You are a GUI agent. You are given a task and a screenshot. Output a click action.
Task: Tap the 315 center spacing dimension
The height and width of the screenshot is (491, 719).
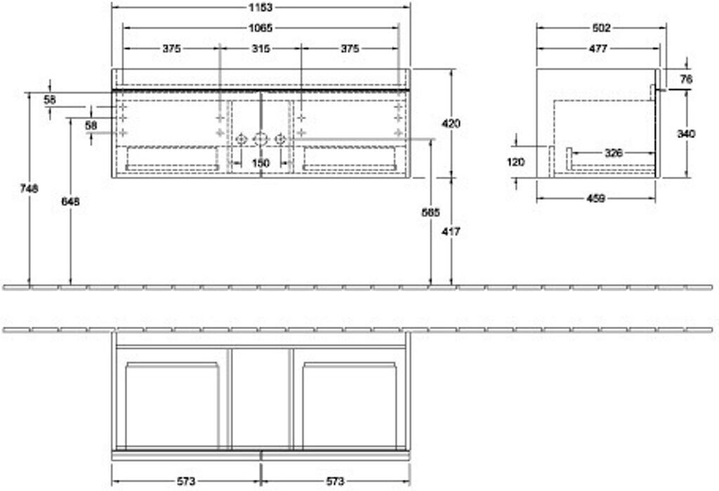pos(260,48)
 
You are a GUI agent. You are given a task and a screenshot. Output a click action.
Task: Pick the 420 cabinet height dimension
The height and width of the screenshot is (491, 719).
pos(451,123)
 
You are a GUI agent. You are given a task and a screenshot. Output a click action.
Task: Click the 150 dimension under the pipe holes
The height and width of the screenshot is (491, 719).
pos(260,163)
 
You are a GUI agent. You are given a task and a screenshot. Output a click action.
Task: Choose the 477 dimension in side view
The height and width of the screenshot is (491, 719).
pos(598,48)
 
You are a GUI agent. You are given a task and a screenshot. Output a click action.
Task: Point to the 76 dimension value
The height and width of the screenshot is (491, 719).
pos(686,79)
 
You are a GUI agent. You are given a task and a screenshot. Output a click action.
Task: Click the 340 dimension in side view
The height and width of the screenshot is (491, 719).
pos(686,134)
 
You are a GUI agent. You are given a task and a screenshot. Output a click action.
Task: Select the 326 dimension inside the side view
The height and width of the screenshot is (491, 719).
pos(613,152)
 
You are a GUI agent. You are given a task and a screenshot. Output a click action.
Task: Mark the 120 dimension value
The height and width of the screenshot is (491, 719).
pos(515,161)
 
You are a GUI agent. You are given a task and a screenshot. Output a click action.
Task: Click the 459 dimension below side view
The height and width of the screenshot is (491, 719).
pos(596,199)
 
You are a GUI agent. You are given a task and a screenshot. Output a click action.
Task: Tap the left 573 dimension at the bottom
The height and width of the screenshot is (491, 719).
pos(185,481)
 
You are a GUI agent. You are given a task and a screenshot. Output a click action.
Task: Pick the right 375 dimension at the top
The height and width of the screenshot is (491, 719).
pos(350,48)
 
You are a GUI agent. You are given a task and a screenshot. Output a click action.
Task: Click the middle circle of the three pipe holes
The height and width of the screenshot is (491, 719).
pos(260,138)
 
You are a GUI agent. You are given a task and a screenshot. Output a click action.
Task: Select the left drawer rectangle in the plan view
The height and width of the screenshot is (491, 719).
pos(171,405)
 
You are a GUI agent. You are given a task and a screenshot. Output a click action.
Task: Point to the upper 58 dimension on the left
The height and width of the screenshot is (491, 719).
pos(49,100)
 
